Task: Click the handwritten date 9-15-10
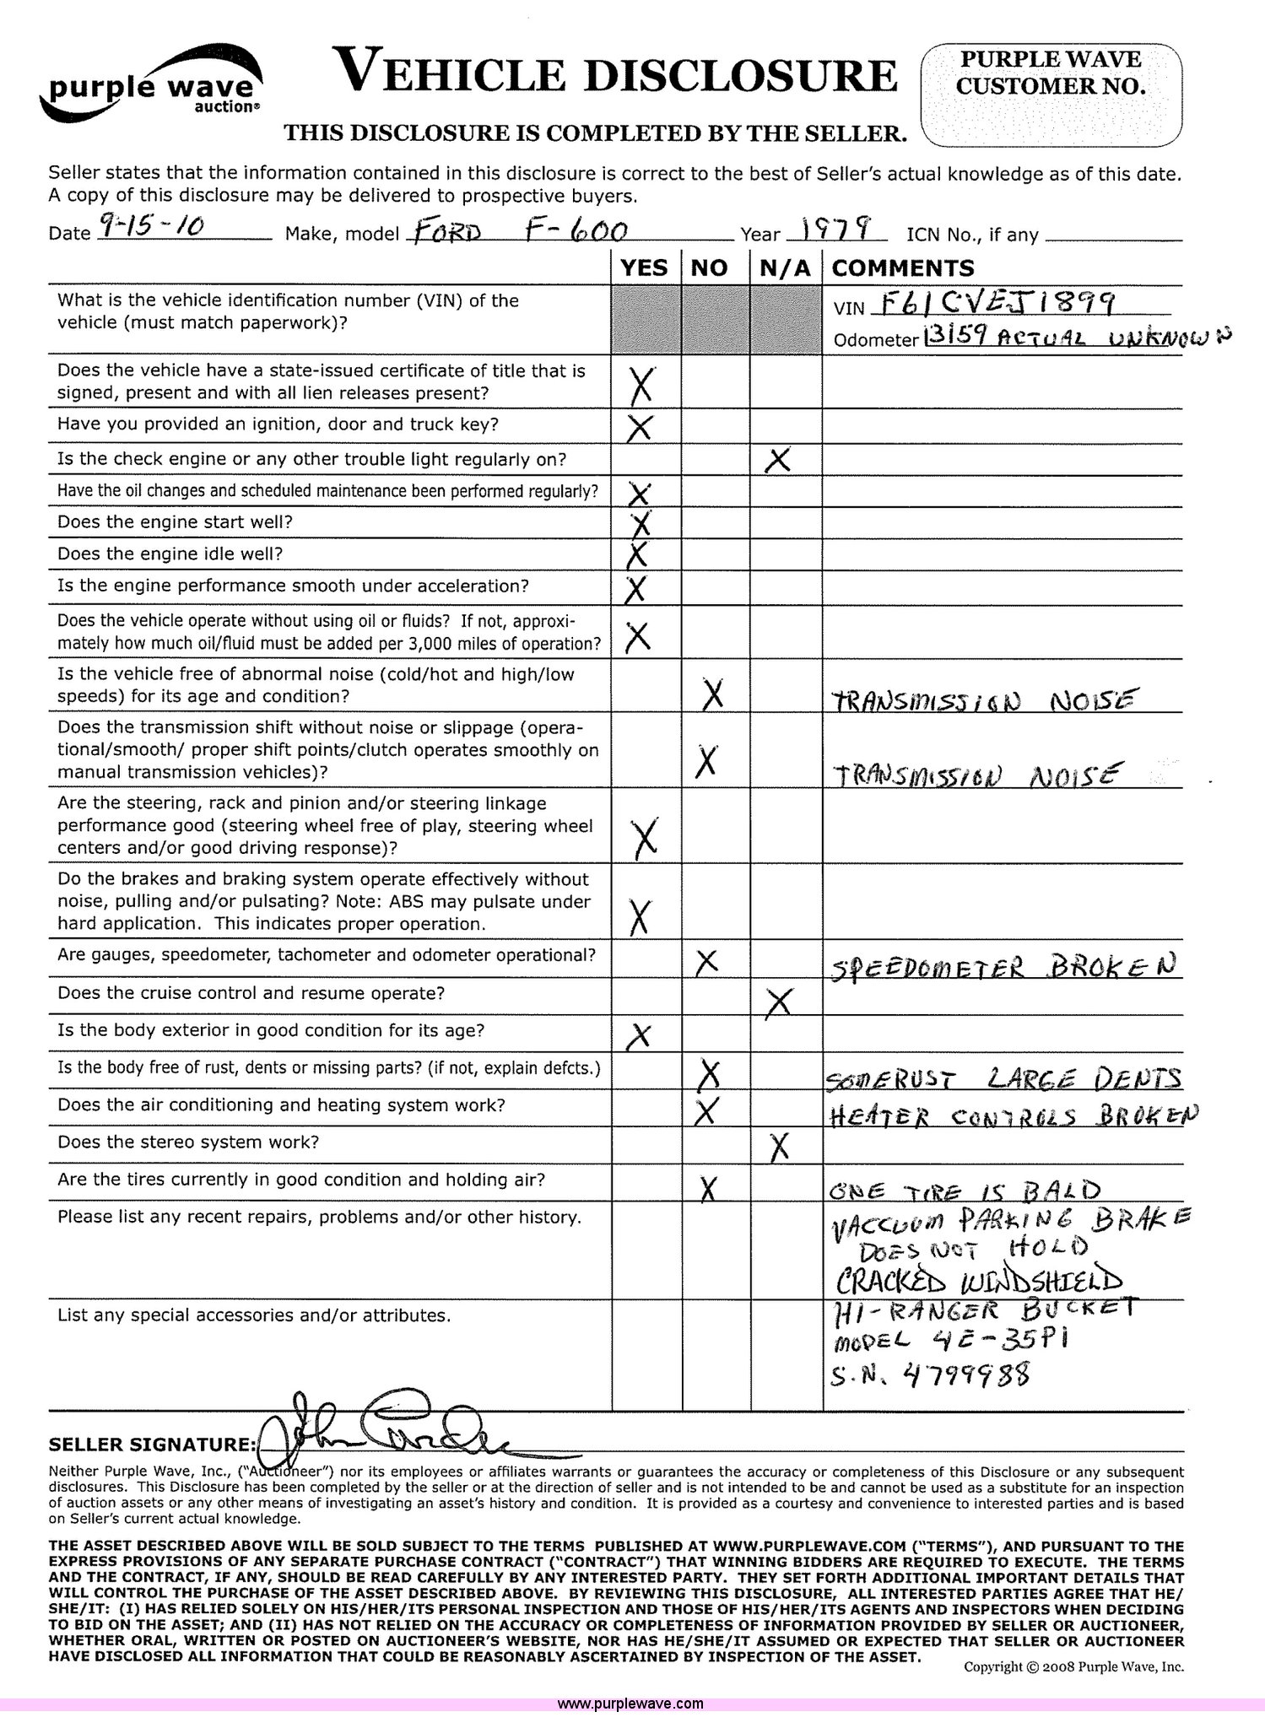(x=152, y=225)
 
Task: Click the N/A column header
(x=785, y=268)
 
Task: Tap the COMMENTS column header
(x=903, y=268)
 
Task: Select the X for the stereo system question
(x=780, y=1146)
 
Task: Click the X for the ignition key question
(x=640, y=427)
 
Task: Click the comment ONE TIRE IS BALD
(x=965, y=1190)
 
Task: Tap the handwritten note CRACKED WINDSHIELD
(x=979, y=1281)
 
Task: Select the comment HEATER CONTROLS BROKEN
(x=1013, y=1115)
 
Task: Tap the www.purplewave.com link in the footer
(x=630, y=1704)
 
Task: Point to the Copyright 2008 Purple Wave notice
(x=1073, y=1666)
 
